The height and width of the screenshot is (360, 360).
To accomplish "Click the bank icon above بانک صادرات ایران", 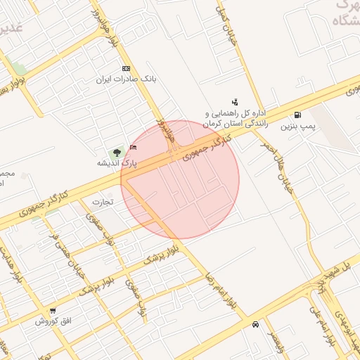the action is click(x=126, y=68).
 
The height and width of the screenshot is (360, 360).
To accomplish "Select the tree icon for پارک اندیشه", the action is click(x=116, y=151).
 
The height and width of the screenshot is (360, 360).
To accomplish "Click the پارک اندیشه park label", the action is click(x=117, y=163).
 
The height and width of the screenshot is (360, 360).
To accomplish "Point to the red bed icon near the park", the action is click(x=134, y=147).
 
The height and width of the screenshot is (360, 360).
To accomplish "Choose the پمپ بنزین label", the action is click(x=296, y=127).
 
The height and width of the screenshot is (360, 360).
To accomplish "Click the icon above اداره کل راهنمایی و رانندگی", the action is click(x=235, y=103).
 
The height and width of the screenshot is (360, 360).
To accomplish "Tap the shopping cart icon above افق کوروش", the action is click(x=53, y=311).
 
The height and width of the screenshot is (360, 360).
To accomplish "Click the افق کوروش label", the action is click(x=52, y=321).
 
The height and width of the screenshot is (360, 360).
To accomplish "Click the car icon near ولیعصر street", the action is click(x=255, y=325).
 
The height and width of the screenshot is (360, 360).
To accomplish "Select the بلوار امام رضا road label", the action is click(x=222, y=292).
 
